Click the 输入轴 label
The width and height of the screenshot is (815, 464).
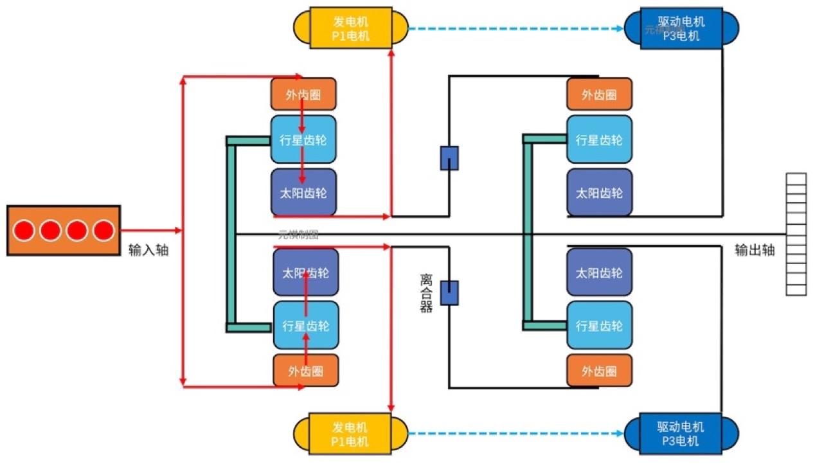pyautogui.click(x=148, y=250)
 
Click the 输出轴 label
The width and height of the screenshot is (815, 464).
pyautogui.click(x=755, y=250)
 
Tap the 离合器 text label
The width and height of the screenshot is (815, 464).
pyautogui.click(x=426, y=292)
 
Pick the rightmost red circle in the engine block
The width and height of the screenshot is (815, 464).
pyautogui.click(x=102, y=230)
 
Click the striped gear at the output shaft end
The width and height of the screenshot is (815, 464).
pyautogui.click(x=796, y=235)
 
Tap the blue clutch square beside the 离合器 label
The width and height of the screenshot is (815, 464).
pyautogui.click(x=449, y=292)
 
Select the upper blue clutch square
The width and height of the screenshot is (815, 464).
pyautogui.click(x=449, y=158)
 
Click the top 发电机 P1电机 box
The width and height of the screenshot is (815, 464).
pyautogui.click(x=350, y=28)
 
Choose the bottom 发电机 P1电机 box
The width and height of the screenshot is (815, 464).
pyautogui.click(x=350, y=434)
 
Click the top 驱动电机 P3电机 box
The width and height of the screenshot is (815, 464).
pyautogui.click(x=681, y=28)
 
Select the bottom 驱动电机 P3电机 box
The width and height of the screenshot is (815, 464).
pyautogui.click(x=681, y=434)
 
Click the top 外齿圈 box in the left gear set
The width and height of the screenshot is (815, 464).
pyautogui.click(x=303, y=94)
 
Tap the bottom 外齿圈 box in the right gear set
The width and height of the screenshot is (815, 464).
pyautogui.click(x=599, y=371)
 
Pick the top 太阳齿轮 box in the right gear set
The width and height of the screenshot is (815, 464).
pyautogui.click(x=599, y=192)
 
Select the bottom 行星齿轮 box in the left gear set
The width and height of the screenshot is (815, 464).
pyautogui.click(x=306, y=325)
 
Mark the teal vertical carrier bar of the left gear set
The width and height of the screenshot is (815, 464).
pyautogui.click(x=231, y=234)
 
